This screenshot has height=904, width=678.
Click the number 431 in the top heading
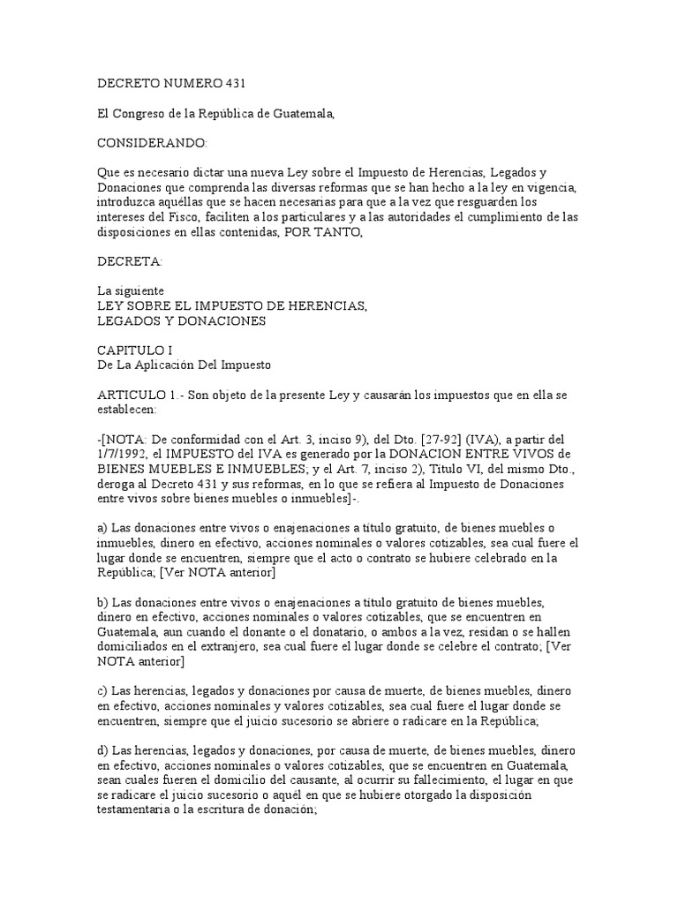pyautogui.click(x=231, y=84)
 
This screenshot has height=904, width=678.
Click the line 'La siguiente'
pyautogui.click(x=130, y=290)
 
